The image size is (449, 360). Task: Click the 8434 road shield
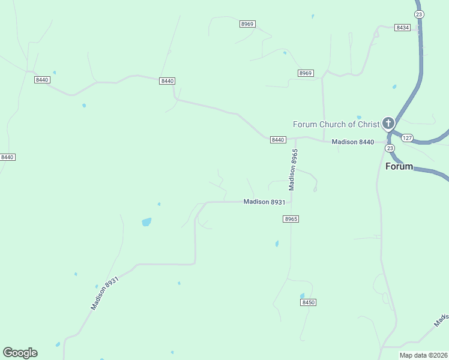tap(403, 28)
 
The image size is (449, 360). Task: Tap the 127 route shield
tap(408, 138)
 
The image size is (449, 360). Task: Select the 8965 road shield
tap(291, 219)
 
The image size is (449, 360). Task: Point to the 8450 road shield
tap(308, 302)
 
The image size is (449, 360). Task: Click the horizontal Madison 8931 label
tap(264, 202)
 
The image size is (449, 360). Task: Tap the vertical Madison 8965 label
tap(294, 170)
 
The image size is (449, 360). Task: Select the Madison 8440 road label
tap(352, 142)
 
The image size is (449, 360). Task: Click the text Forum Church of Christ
tap(336, 124)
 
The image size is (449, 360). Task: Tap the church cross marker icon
tap(388, 124)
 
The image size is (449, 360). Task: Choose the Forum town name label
tap(399, 166)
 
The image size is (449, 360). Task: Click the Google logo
tap(20, 352)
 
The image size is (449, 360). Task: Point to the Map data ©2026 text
tap(423, 355)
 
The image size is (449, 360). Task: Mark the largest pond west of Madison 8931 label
tap(146, 222)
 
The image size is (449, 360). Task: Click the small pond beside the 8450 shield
tap(303, 295)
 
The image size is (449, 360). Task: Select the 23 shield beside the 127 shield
tap(390, 148)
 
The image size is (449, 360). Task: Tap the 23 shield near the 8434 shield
tap(419, 14)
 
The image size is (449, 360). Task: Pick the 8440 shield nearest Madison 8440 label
tap(277, 140)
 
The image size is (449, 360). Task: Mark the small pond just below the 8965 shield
tap(277, 243)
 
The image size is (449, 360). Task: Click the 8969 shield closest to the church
tap(306, 73)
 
